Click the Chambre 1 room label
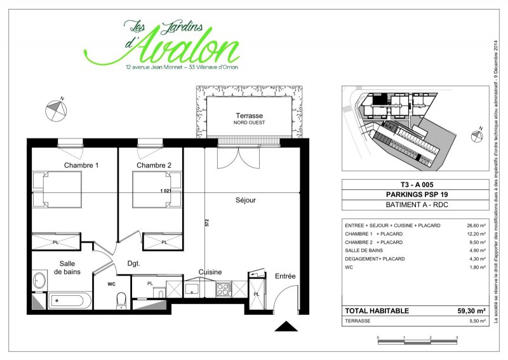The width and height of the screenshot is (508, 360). [x=81, y=165]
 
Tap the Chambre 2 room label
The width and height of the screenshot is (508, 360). [x=154, y=165]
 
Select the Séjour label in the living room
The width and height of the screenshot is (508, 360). [x=246, y=200]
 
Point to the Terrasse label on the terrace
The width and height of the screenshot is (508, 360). [x=249, y=116]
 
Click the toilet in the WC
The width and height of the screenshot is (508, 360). [x=121, y=301]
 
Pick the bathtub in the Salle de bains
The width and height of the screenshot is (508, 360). [x=70, y=301]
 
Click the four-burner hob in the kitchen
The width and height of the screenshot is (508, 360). [x=224, y=289]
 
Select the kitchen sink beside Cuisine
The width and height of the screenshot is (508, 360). [x=194, y=289]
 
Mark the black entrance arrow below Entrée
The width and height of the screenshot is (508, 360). [x=286, y=326]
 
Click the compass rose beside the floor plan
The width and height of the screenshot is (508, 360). [x=56, y=110]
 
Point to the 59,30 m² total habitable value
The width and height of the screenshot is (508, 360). [x=471, y=310]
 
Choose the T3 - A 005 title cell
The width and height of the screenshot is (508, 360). [x=417, y=185]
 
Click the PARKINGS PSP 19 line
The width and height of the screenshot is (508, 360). [x=417, y=194]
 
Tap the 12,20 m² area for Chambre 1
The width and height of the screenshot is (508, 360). [x=476, y=234]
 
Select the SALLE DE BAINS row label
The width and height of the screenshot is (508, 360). [x=364, y=251]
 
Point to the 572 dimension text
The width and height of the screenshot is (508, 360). [x=207, y=223]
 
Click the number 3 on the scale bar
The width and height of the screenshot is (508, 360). [x=457, y=338]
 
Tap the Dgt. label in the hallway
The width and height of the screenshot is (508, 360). [x=134, y=263]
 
